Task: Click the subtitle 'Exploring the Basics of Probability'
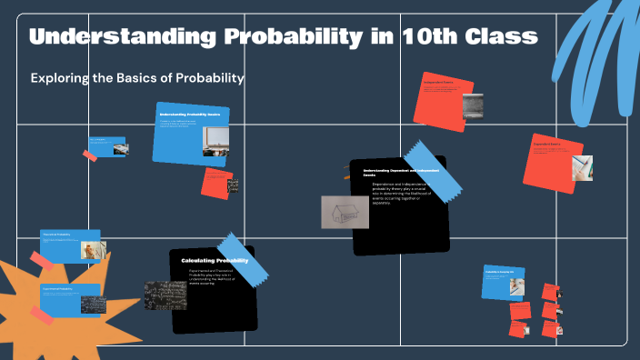[x=137, y=78]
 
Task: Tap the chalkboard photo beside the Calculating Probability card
[x=165, y=295]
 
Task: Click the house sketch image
[x=345, y=212]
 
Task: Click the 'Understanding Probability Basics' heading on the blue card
[x=189, y=115]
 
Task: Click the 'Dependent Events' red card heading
[x=546, y=144]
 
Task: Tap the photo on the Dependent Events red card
[x=582, y=168]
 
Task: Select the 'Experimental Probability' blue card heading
[x=59, y=288]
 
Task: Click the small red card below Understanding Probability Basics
[x=217, y=183]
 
